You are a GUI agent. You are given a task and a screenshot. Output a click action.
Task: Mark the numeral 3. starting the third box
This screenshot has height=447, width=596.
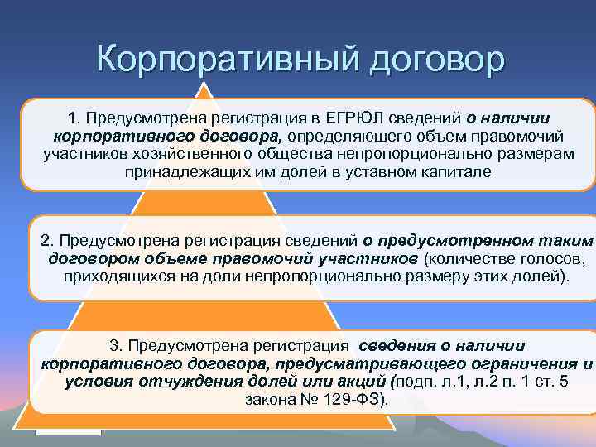coord(116,346)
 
